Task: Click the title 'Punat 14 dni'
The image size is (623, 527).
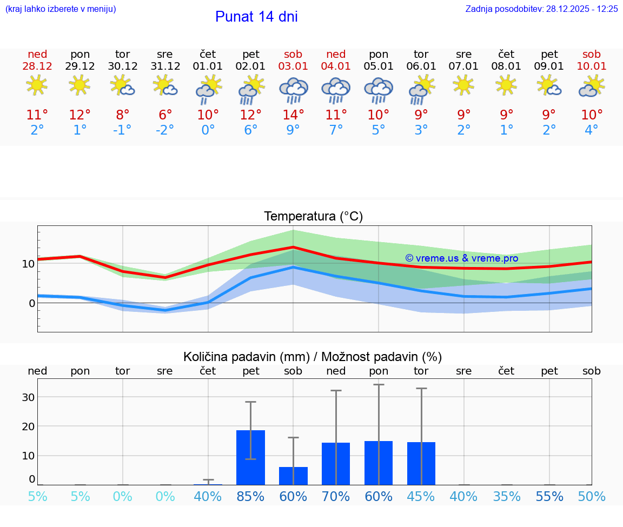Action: (x=256, y=17)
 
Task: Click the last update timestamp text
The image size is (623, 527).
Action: (x=541, y=9)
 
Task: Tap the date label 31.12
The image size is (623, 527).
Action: (x=165, y=66)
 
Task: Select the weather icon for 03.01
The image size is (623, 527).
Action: (x=293, y=90)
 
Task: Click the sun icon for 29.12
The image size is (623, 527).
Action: (x=80, y=85)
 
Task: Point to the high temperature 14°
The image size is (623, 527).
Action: (x=293, y=115)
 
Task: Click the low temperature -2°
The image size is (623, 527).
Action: (x=165, y=130)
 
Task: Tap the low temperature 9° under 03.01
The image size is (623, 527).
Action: (x=293, y=130)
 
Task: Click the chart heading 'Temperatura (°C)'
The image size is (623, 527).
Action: (x=313, y=217)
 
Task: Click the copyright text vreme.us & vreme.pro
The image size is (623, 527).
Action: (x=461, y=258)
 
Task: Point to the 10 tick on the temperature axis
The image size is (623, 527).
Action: (x=28, y=264)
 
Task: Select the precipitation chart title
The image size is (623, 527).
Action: (x=313, y=357)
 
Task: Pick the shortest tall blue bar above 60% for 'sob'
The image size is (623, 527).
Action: (x=293, y=476)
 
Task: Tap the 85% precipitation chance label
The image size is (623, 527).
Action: (x=250, y=497)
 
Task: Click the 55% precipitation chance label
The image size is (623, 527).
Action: (x=549, y=497)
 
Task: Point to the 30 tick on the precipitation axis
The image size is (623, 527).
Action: (x=28, y=397)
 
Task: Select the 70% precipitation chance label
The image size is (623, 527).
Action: (x=336, y=497)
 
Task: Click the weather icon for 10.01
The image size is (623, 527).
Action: (x=592, y=86)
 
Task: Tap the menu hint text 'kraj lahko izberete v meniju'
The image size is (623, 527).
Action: (x=61, y=9)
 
